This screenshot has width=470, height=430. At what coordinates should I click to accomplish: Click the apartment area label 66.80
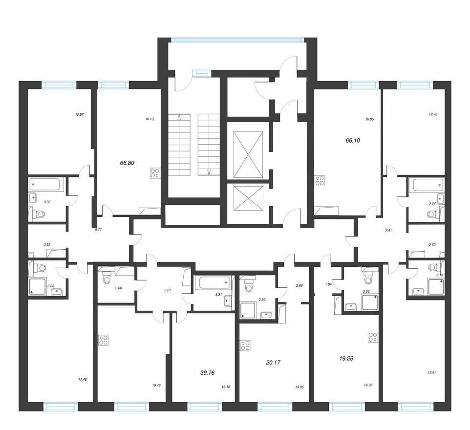click(127, 163)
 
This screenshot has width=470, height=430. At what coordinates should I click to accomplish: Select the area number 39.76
click(207, 372)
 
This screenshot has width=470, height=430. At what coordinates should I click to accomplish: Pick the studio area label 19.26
click(345, 358)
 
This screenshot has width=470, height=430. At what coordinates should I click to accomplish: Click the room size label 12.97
click(80, 115)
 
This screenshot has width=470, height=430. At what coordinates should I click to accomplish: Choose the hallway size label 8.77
click(98, 229)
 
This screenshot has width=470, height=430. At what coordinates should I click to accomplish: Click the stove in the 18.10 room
click(155, 172)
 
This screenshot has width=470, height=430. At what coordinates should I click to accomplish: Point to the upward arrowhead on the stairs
click(180, 116)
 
